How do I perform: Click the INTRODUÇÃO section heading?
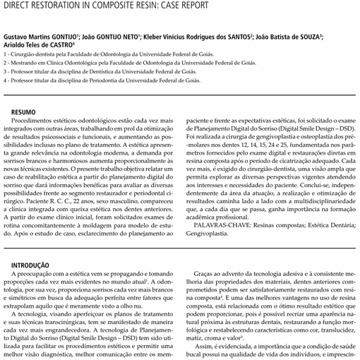tap(28, 265)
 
